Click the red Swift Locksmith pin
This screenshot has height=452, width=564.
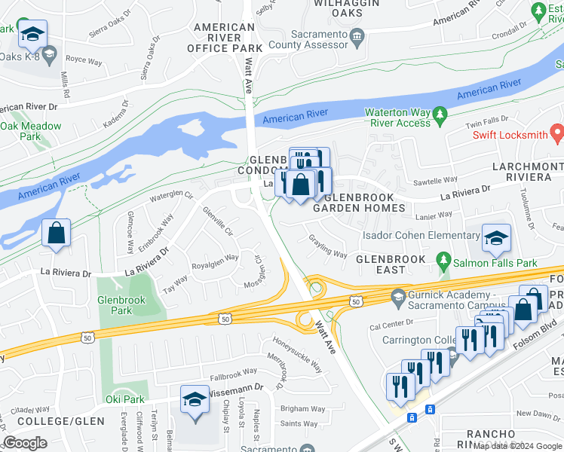click(557, 134)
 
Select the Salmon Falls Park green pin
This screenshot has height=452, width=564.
click(443, 263)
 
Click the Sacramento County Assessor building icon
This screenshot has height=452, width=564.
click(358, 35)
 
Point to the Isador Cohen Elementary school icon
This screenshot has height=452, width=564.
click(496, 238)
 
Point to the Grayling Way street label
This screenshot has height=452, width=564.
click(327, 246)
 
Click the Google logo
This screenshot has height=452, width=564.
click(25, 443)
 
